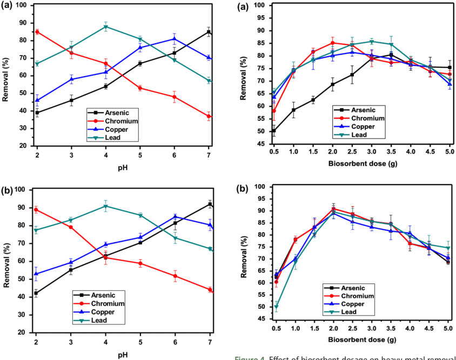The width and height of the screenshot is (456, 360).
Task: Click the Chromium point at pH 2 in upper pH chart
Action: click(x=37, y=32)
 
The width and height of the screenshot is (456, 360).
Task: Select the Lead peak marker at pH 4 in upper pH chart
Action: click(x=106, y=26)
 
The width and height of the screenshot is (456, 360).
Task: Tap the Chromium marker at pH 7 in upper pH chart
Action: click(x=209, y=116)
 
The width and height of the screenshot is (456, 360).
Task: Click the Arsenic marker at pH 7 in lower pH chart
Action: click(x=210, y=204)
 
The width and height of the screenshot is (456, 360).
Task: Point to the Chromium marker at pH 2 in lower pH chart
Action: click(x=37, y=209)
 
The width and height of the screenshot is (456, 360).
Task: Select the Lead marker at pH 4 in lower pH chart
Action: click(x=106, y=206)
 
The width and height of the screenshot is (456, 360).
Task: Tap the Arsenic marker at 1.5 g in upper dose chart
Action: click(x=313, y=100)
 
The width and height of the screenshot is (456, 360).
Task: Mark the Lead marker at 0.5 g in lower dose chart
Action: click(x=277, y=308)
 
